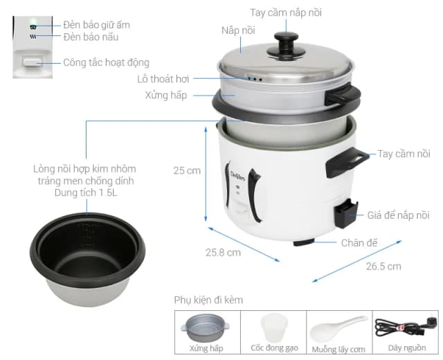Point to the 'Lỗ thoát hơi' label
[x=163, y=79]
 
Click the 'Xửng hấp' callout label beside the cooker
[x=167, y=95]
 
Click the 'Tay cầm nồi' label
[x=404, y=154]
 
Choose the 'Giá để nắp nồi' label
[x=398, y=215]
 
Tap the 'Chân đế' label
[x=359, y=242]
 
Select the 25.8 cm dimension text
[x=224, y=252]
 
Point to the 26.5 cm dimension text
[x=383, y=266]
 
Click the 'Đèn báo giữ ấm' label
[x=96, y=24]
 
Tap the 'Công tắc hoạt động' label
[x=106, y=62]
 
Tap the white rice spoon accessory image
[x=338, y=326]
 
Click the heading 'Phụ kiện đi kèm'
[x=208, y=300]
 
